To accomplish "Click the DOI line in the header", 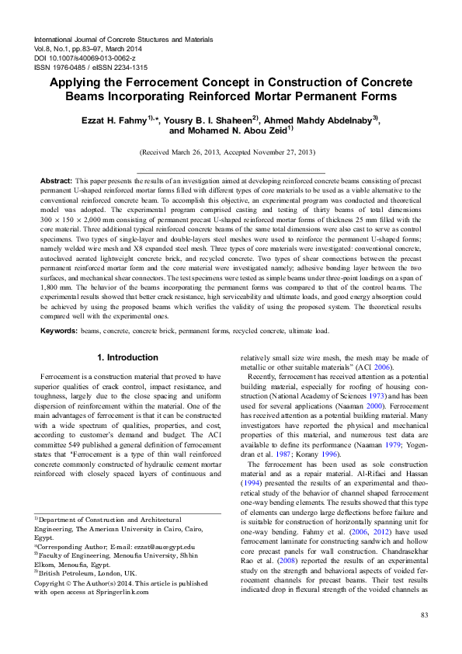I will pos(86,57).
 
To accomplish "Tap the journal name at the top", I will pos(124,39).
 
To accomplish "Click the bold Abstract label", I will pos(56,179).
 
